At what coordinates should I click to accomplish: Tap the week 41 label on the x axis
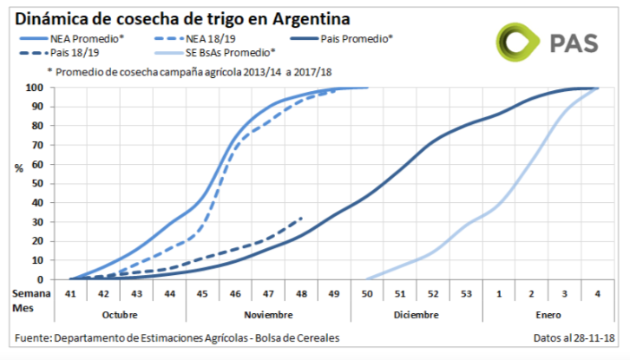(69, 295)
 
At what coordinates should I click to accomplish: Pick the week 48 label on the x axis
(301, 295)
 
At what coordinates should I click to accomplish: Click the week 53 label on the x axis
(466, 295)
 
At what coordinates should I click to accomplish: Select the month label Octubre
(119, 314)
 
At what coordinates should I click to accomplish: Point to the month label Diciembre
(416, 314)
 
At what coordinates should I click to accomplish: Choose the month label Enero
(548, 314)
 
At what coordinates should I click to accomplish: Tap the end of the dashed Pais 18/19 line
(301, 218)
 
